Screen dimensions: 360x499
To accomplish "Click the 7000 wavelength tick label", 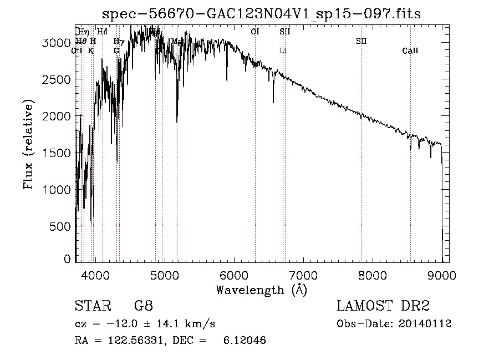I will (303, 274).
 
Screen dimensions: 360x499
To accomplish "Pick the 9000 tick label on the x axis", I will (442, 274).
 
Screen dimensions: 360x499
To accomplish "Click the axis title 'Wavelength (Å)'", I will (261, 289).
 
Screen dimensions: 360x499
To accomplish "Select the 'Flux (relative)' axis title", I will (28, 144).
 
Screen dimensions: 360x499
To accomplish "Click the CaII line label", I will (410, 51).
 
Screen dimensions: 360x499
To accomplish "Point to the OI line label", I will (255, 32).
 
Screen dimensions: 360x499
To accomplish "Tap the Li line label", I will (283, 50).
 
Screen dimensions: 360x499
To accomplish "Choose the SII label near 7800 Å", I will (361, 41).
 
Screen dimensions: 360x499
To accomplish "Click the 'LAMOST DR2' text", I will (383, 306).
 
